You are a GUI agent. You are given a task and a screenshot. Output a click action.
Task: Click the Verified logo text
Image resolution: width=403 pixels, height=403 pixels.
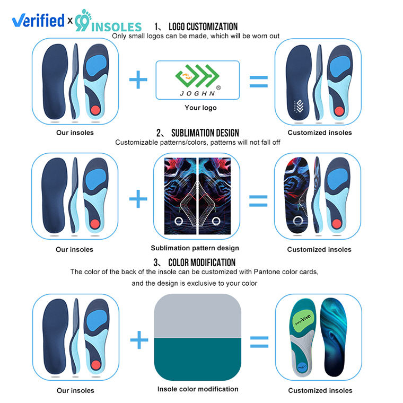pos(38,21)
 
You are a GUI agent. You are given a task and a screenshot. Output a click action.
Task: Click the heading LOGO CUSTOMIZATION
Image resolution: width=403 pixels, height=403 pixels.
pos(203,27)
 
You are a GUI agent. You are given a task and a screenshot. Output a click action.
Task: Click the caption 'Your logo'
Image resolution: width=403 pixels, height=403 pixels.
pos(200,108)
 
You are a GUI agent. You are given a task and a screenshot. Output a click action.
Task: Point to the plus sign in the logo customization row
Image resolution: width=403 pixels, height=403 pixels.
pos(138,81)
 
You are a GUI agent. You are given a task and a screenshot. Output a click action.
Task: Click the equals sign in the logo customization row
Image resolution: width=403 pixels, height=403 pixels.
pos(258,81)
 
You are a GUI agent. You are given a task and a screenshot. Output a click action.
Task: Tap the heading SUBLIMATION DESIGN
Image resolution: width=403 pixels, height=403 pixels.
pos(204,133)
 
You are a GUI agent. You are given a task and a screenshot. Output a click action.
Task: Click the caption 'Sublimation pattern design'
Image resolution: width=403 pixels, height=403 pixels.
pos(195,248)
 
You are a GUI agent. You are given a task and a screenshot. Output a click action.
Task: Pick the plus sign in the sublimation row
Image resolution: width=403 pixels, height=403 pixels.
pos(138,200)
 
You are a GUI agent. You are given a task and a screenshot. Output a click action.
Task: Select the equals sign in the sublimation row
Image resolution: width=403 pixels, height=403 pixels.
pos(258,200)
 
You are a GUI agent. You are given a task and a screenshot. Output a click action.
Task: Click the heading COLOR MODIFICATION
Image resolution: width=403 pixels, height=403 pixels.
pos(202,262)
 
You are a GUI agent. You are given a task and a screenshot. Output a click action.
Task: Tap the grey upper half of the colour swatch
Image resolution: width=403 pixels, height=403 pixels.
pos(198,315)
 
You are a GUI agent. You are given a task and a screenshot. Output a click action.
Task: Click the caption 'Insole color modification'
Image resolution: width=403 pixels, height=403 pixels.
pos(198,389)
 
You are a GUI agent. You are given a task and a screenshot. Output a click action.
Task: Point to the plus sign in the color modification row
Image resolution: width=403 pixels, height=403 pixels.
pos(138,339)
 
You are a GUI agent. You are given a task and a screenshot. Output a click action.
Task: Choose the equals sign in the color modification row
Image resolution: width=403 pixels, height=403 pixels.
pos(258,339)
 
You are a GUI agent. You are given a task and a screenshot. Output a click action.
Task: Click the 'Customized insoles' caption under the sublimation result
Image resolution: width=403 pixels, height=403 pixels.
pos(319,249)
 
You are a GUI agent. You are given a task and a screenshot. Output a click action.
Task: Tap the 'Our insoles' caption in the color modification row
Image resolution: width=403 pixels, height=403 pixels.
pos(75,390)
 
